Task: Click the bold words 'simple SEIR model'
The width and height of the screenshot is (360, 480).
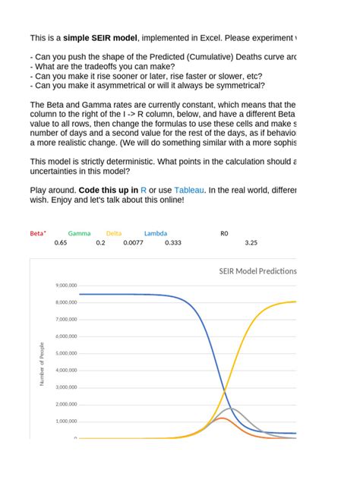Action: (x=106, y=37)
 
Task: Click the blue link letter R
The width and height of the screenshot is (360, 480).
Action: (x=144, y=191)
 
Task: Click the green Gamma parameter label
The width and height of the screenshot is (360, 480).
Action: (x=79, y=234)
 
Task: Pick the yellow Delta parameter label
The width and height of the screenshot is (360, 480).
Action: (x=114, y=234)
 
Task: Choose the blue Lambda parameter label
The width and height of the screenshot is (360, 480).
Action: (x=156, y=234)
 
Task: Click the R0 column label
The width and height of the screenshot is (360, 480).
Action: (x=223, y=234)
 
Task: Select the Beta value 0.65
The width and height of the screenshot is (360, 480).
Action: (x=62, y=243)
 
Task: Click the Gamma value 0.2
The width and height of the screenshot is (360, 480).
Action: (x=100, y=243)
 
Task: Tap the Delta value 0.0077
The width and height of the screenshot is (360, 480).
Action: (x=133, y=243)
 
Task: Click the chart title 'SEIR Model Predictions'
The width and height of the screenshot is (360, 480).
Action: (x=257, y=271)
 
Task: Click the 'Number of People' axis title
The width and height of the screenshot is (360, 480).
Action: (x=42, y=364)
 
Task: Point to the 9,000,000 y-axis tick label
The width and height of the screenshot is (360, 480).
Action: (x=65, y=286)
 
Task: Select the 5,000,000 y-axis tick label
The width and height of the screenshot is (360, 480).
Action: (x=65, y=353)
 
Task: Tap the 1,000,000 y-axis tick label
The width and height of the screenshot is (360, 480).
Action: (x=65, y=422)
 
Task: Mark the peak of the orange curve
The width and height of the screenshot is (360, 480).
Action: (x=221, y=418)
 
